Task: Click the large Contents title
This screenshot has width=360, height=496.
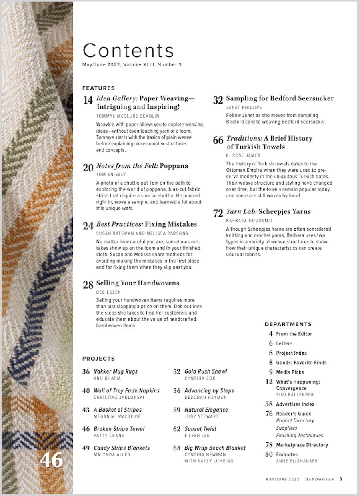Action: [128, 51]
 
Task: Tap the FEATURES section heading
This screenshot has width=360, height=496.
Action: [98, 88]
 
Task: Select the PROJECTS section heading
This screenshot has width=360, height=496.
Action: [98, 359]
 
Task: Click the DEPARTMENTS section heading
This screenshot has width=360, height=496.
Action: [288, 324]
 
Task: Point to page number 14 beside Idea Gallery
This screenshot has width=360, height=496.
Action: [88, 100]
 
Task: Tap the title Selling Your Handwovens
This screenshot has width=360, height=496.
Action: [138, 283]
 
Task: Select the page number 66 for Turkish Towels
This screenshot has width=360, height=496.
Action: [218, 141]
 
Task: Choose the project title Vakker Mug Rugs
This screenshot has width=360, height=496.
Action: [115, 371]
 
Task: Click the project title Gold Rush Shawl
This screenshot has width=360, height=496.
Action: [206, 371]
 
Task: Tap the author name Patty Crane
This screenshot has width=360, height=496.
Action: [109, 436]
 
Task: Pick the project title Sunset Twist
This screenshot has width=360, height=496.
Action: [200, 429]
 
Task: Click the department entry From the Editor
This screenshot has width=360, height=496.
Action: [294, 334]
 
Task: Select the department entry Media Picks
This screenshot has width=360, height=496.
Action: [290, 372]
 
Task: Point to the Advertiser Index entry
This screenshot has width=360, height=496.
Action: [295, 404]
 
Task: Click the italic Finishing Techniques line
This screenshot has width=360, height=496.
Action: [300, 435]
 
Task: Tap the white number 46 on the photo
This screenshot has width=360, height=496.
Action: [51, 460]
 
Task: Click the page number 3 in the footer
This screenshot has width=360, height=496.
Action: [341, 479]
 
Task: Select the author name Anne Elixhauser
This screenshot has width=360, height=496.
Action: [296, 461]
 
